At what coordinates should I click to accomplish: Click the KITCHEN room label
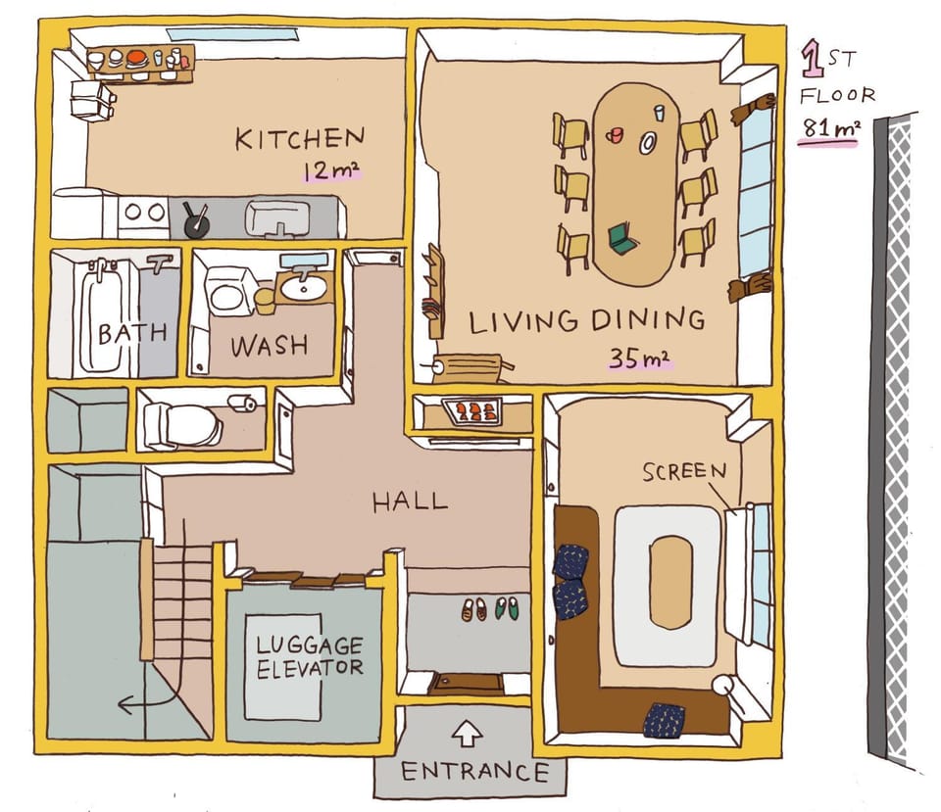click(x=300, y=138)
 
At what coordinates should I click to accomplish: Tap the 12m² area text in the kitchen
click(x=330, y=170)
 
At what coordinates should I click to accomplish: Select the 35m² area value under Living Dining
click(x=639, y=358)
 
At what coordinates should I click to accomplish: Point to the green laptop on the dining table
click(x=622, y=238)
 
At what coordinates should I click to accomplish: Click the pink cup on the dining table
click(x=614, y=135)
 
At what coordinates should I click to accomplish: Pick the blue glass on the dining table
click(x=660, y=113)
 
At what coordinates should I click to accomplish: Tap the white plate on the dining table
click(x=648, y=142)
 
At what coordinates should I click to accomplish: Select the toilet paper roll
click(x=243, y=403)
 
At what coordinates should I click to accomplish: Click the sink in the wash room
click(x=304, y=288)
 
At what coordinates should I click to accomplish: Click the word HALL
click(x=410, y=502)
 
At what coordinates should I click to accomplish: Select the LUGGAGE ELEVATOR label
click(x=310, y=657)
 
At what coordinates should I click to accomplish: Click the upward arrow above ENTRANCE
click(x=467, y=733)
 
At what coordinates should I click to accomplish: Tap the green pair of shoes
click(x=507, y=608)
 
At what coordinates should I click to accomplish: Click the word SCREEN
click(x=684, y=471)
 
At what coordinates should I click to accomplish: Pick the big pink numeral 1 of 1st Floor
click(x=813, y=58)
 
